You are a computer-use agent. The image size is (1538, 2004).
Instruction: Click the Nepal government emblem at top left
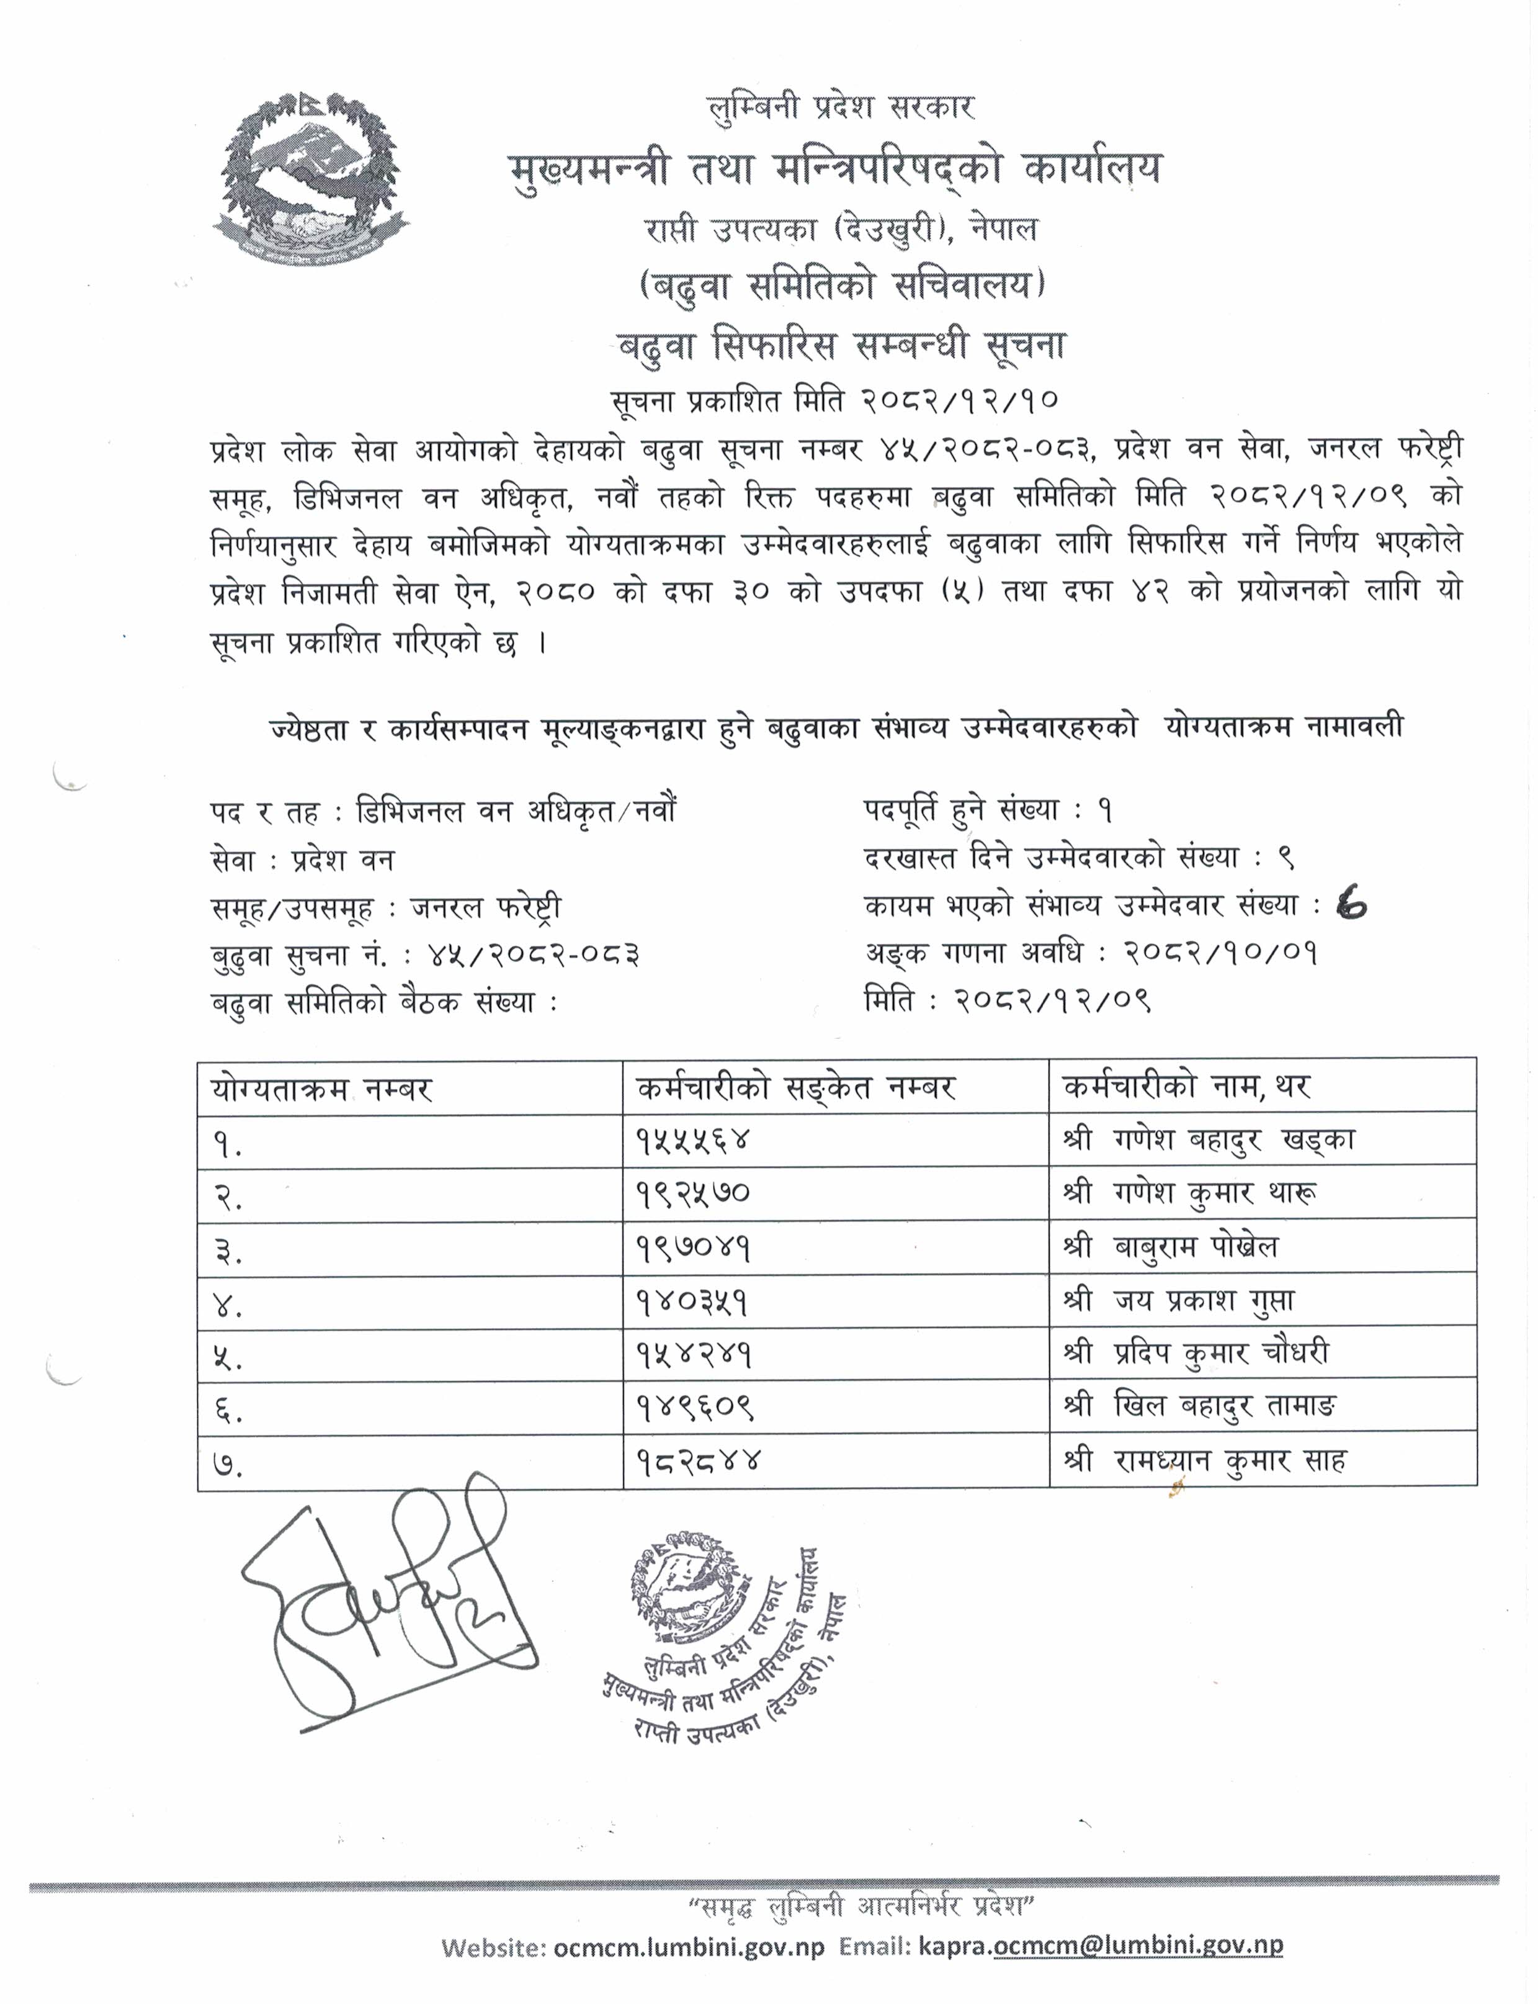pos(311,179)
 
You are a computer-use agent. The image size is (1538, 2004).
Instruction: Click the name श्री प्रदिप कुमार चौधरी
pos(1197,1354)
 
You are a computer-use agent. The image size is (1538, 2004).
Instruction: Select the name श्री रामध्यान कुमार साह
pos(1205,1461)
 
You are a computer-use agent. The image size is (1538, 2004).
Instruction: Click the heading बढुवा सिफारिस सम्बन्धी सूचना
pos(843,347)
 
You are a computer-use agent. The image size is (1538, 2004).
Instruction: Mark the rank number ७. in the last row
pos(229,1463)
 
